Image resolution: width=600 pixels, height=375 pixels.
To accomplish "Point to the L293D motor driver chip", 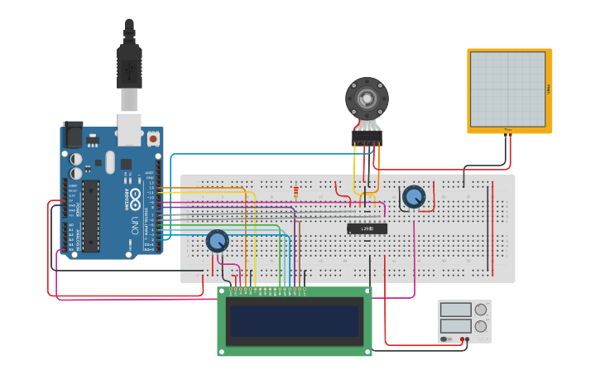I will pos(367,228).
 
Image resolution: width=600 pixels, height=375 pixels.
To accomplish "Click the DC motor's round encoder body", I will pos(367,99).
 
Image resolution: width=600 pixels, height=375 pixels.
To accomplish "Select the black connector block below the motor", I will pos(367,137).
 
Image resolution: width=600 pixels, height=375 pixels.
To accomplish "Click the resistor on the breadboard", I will pos(295,193).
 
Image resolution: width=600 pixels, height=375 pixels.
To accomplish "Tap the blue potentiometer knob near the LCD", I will pos(217,241).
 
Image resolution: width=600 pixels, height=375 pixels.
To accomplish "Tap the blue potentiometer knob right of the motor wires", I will pos(413,197).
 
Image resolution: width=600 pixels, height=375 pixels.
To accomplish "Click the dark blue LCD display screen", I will pos(295,321).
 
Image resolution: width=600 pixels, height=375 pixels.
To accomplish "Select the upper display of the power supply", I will pos(456,310).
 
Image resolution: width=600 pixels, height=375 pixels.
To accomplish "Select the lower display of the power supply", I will pos(456,326).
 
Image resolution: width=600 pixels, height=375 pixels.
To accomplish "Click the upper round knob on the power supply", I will pos(481,310).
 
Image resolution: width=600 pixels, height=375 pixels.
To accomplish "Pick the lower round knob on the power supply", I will pos(481,326).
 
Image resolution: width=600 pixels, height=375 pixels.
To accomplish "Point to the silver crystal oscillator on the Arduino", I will pos(110,161).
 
